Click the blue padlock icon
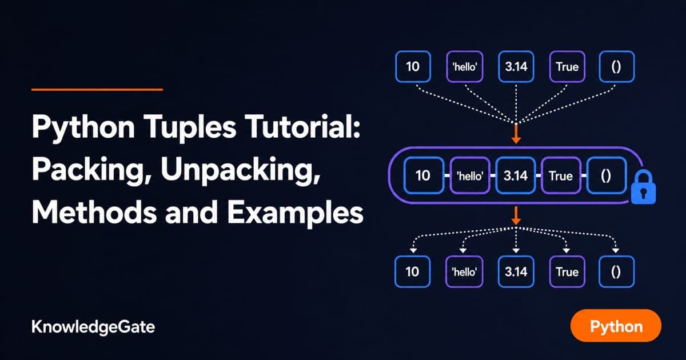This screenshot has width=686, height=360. [643, 187]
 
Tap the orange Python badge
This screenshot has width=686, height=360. [616, 325]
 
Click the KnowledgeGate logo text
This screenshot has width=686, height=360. [93, 327]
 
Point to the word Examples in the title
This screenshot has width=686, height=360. [295, 213]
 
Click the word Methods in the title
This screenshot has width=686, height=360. [94, 212]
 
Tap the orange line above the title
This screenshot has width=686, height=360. [97, 90]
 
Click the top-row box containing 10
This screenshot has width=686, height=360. [413, 67]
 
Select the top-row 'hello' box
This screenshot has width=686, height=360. [465, 67]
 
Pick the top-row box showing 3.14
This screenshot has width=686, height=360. [516, 67]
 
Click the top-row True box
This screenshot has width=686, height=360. [567, 67]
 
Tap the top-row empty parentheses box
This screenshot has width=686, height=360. [616, 67]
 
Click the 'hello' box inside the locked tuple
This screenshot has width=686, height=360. [470, 175]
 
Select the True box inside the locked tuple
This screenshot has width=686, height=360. [561, 175]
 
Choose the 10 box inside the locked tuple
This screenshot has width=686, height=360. [424, 175]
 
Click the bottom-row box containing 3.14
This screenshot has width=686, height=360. [516, 271]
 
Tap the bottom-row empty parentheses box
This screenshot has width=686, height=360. [616, 271]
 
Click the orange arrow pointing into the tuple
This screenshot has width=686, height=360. [516, 134]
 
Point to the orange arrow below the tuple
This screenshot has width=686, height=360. [516, 215]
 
